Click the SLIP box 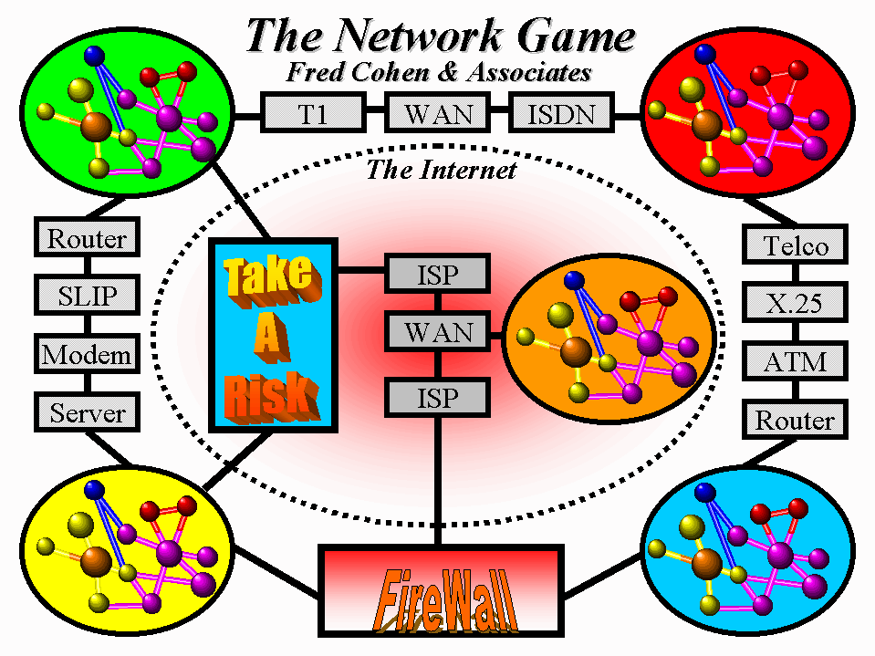pyautogui.click(x=87, y=296)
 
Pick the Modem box pyautogui.click(x=87, y=354)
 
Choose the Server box pyautogui.click(x=87, y=412)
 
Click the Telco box pyautogui.click(x=796, y=245)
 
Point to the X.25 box pyautogui.click(x=796, y=303)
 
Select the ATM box pyautogui.click(x=796, y=362)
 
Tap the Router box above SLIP pyautogui.click(x=87, y=239)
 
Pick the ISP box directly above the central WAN pyautogui.click(x=439, y=274)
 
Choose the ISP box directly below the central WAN pyautogui.click(x=439, y=396)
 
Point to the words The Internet pyautogui.click(x=441, y=170)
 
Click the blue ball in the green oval pyautogui.click(x=93, y=55)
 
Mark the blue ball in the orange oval pyautogui.click(x=574, y=279)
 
